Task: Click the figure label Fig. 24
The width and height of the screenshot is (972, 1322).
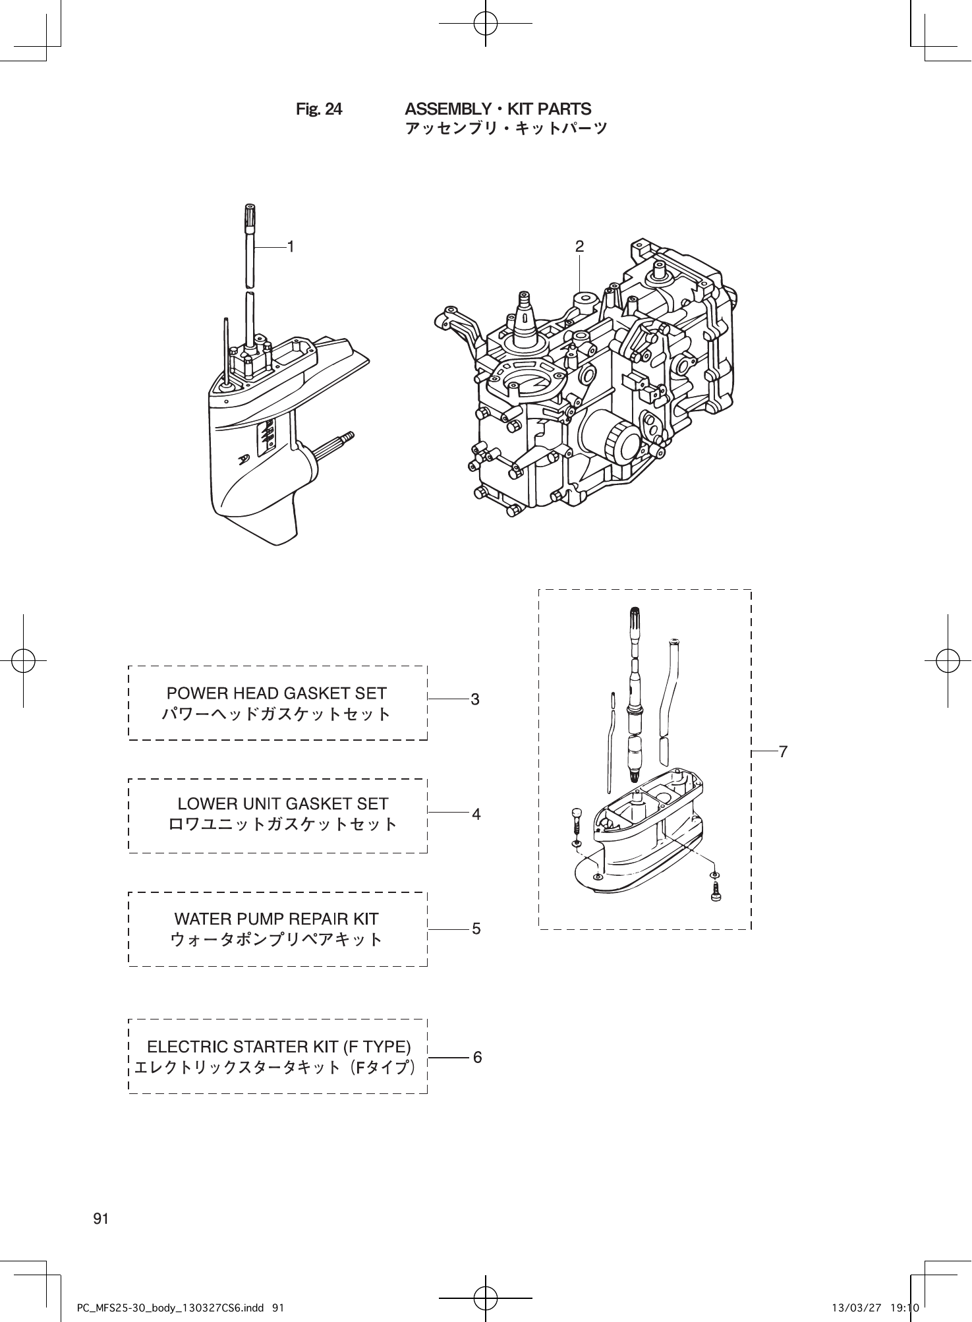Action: coord(319,109)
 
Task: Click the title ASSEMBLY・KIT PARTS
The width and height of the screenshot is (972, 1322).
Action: coord(498,109)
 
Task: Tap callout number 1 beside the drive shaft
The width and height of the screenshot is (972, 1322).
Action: coord(290,246)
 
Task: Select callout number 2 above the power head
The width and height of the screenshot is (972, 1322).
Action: coord(579,246)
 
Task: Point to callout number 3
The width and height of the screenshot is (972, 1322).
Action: coord(475,699)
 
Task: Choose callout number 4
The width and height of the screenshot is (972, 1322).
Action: coord(476,814)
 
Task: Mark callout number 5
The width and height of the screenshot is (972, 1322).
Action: coord(476,929)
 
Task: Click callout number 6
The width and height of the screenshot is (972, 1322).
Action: coord(476,1057)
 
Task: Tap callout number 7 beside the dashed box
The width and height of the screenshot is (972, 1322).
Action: coord(783,751)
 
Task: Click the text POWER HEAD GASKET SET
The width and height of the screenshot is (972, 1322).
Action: coord(277,693)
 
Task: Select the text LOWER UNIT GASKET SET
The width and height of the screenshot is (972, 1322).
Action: coord(283,804)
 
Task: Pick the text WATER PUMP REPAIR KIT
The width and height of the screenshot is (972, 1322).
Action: coord(276,919)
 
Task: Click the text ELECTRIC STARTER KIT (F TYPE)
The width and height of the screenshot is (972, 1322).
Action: coord(279,1047)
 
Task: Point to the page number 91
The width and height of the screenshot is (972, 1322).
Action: coord(101,1219)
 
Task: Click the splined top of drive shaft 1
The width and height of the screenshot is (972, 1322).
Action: coord(249,217)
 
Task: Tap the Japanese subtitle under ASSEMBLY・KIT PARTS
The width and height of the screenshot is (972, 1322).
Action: coord(506,129)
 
